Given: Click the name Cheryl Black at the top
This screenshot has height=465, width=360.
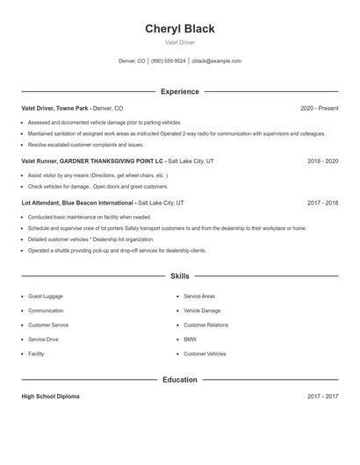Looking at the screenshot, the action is (x=179, y=28).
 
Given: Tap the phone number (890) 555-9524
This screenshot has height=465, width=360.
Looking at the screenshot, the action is (x=169, y=61).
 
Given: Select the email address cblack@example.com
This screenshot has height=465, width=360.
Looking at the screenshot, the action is (x=216, y=61).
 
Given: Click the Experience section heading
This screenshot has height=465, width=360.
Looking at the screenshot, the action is (x=179, y=91).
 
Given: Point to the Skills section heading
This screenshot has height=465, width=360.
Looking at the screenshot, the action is (x=179, y=275).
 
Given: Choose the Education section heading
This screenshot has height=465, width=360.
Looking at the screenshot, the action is (x=179, y=380).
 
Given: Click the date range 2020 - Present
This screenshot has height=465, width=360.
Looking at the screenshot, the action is (x=319, y=108).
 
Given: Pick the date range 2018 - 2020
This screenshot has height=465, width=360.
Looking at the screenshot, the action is (x=322, y=161).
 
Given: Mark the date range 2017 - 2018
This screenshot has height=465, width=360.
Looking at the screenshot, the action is (x=322, y=203).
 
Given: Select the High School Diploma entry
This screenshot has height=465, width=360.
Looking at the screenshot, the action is (x=50, y=397).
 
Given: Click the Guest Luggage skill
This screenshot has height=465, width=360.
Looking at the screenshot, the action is (x=46, y=297).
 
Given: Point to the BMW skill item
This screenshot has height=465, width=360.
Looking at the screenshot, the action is (x=190, y=340).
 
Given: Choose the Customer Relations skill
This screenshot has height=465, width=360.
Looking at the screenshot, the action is (x=205, y=325).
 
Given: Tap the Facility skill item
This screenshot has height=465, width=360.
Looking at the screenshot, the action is (x=36, y=354).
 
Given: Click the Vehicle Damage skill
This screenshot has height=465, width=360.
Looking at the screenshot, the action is (x=202, y=311).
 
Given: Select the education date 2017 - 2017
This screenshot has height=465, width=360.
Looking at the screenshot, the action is (x=322, y=397).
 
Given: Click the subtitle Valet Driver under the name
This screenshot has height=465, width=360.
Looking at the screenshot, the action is (x=179, y=42).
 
